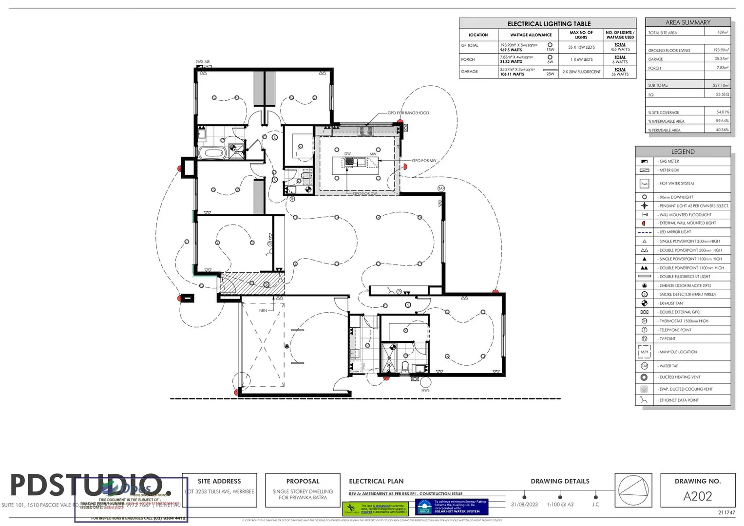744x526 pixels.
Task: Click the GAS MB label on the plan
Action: [203, 62]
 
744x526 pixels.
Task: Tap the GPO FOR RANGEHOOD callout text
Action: [408, 113]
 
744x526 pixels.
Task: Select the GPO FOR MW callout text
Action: [424, 161]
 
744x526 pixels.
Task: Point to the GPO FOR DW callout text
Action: [365, 194]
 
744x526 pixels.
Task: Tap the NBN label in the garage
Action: [263, 310]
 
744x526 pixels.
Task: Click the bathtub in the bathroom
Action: [212, 153]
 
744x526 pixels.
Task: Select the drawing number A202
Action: [698, 496]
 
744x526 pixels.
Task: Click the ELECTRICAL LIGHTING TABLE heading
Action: [549, 24]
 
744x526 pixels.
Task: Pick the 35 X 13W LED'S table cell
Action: [581, 47]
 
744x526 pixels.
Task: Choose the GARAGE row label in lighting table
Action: [470, 72]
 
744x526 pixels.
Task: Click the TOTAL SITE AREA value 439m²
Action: [722, 33]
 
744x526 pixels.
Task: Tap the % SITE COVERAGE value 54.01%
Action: [722, 112]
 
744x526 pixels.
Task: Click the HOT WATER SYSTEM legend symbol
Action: [644, 184]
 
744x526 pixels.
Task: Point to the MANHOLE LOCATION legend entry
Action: [678, 352]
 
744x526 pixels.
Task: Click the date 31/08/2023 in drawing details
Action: [524, 505]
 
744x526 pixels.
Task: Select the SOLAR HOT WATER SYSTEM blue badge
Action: [452, 507]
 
